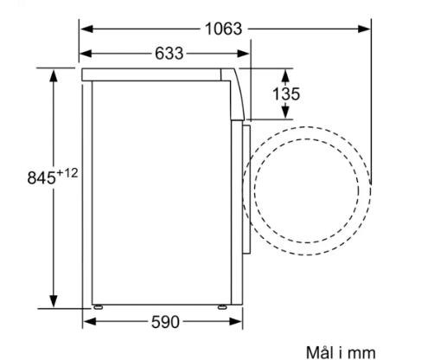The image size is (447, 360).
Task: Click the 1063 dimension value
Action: tap(223, 29)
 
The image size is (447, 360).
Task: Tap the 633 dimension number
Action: tap(169, 54)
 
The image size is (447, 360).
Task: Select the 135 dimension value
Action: tap(286, 94)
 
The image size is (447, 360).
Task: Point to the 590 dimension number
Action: tap(165, 322)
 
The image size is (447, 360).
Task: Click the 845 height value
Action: tap(42, 177)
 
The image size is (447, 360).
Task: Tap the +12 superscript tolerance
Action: tap(67, 173)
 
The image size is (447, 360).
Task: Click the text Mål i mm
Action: tap(341, 352)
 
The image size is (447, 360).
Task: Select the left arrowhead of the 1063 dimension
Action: tap(86, 29)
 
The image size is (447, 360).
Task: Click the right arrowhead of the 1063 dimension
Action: tap(364, 29)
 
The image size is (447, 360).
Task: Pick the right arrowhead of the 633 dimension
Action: tap(243, 54)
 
